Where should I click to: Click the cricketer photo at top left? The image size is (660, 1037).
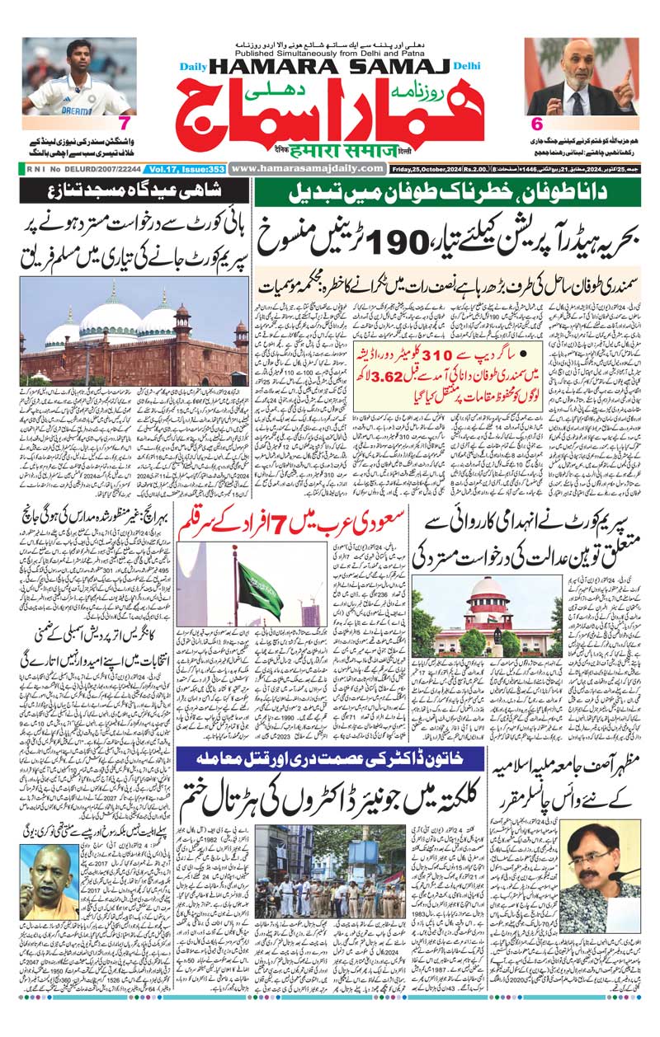point(68,76)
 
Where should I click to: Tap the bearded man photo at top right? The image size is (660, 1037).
point(581,76)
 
